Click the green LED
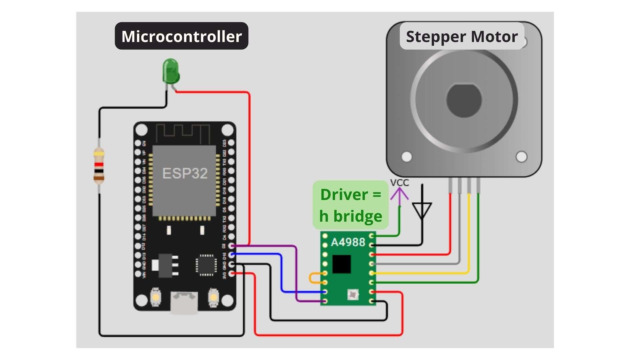coord(171,71)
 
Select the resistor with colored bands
coord(99,166)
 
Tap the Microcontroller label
coord(181,36)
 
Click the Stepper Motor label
coord(462,36)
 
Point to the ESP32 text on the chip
coord(185,173)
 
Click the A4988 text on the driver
coord(348,242)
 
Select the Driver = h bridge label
coord(350,205)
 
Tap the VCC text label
coord(399,183)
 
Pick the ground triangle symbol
coord(422,210)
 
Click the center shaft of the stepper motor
coord(464,100)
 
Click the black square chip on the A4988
coord(341,264)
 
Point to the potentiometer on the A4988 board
coord(353,294)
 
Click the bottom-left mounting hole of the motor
coord(407,156)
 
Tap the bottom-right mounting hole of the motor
coord(521,156)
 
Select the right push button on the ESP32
coord(213,296)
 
